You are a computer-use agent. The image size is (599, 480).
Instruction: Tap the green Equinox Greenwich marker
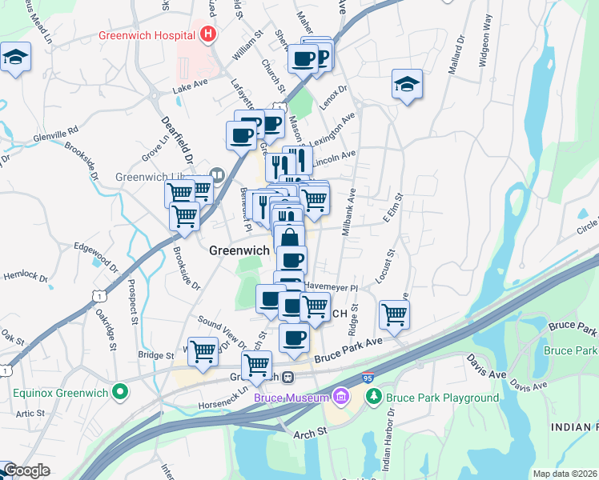click(120, 392)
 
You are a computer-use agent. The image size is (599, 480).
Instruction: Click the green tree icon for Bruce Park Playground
click(372, 398)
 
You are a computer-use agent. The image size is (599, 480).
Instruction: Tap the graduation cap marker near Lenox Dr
click(407, 84)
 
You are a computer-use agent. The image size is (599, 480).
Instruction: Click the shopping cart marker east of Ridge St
click(394, 314)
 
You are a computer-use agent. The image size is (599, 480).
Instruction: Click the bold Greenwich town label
click(239, 250)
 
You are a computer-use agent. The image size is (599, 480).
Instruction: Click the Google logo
click(26, 470)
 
